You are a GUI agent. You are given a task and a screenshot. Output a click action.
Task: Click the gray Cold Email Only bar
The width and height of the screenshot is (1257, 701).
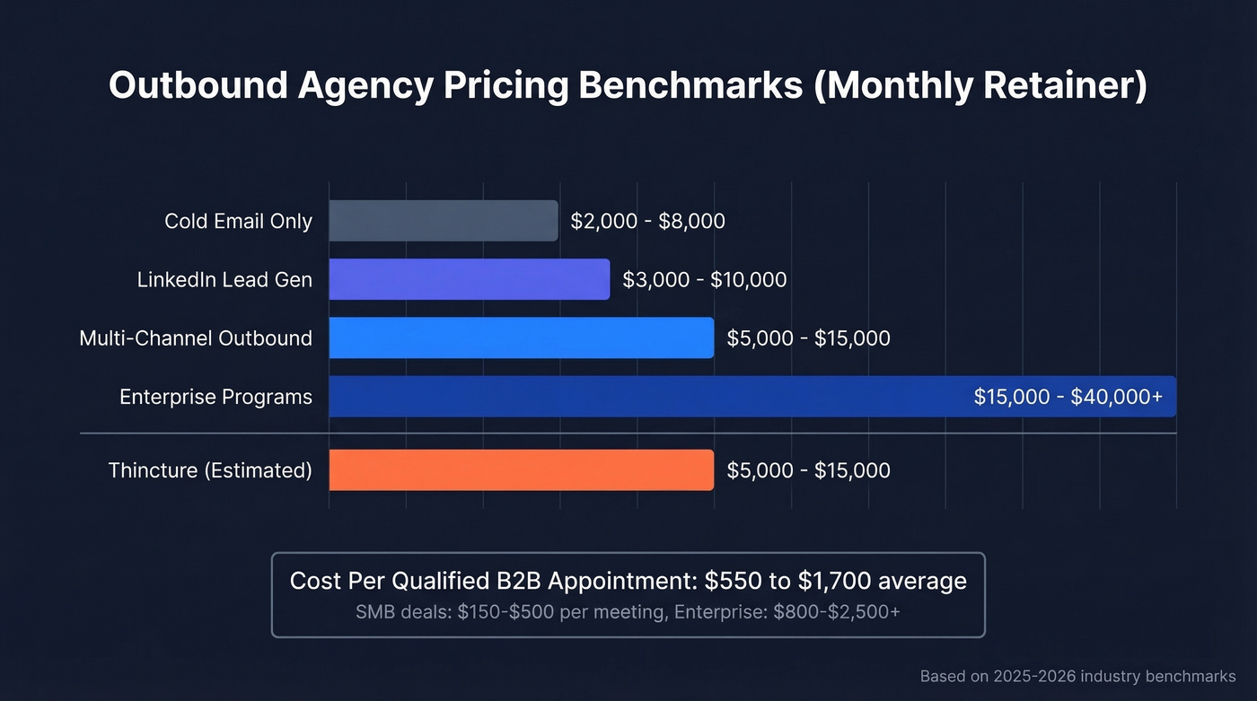point(443,221)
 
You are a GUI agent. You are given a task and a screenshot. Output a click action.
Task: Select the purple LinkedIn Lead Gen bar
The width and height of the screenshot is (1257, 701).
point(469,279)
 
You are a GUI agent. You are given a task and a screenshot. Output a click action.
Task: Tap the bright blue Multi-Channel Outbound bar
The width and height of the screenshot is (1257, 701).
point(521,338)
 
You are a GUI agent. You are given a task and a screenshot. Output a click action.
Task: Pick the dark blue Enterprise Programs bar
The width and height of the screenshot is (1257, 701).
point(646,397)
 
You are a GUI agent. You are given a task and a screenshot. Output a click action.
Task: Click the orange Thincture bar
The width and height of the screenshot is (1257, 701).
point(521,470)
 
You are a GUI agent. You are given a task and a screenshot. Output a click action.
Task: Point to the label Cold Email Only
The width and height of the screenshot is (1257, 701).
point(238,221)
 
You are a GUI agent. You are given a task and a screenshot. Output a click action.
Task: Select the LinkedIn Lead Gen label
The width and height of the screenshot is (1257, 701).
point(224,279)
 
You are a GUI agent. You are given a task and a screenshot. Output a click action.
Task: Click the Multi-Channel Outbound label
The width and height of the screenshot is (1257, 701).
point(196,338)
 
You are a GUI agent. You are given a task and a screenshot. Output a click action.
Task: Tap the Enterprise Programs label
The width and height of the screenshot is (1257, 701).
point(215,397)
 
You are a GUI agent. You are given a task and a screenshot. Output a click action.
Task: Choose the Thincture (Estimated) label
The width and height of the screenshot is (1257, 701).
point(210,470)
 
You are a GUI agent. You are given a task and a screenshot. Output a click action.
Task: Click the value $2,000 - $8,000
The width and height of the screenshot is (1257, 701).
point(647,221)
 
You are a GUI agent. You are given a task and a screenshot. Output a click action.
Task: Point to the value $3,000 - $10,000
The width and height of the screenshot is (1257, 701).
point(704,279)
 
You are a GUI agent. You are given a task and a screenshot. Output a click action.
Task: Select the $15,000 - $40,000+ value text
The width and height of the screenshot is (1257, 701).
point(1068,397)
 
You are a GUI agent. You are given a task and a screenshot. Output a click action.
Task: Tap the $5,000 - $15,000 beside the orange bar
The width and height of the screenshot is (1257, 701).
point(808,470)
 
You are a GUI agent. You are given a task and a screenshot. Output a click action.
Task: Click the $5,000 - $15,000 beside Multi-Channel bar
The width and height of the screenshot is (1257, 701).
point(808,338)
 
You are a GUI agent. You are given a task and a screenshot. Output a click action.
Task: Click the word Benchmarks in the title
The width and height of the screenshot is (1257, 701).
point(690,86)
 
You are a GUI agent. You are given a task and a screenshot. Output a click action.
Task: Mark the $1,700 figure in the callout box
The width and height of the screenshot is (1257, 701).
point(831,581)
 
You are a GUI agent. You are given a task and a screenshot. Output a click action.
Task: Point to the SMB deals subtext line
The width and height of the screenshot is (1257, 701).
point(628,612)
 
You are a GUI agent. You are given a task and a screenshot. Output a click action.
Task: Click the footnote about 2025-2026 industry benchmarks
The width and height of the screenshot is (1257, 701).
point(1077,676)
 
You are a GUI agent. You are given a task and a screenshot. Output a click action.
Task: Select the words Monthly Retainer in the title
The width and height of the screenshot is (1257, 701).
point(980,86)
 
